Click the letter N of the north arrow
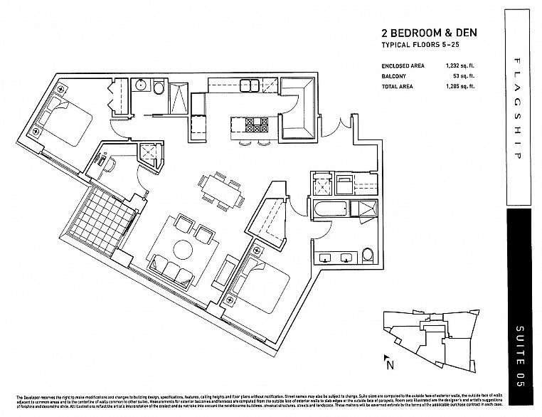pyautogui.click(x=390, y=366)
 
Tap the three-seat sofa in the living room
pyautogui.click(x=172, y=273)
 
